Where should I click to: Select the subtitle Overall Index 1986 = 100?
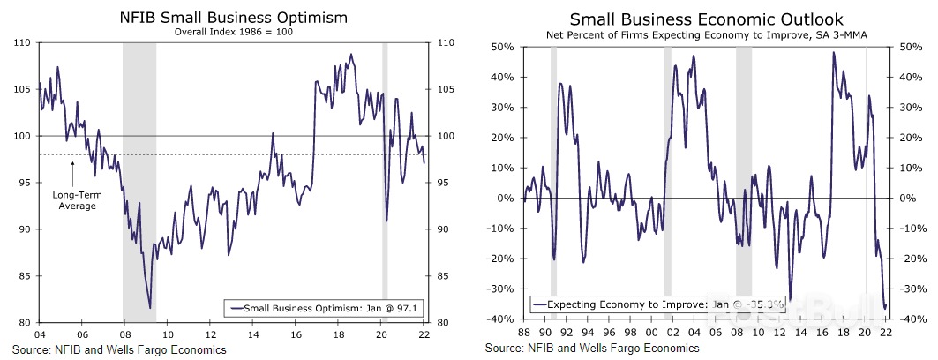pyautogui.click(x=232, y=31)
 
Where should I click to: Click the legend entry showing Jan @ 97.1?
pyautogui.click(x=321, y=307)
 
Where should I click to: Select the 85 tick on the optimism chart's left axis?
pyautogui.click(x=21, y=276)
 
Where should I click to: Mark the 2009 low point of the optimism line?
pyautogui.click(x=149, y=307)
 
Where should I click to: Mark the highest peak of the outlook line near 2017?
pyautogui.click(x=834, y=53)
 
